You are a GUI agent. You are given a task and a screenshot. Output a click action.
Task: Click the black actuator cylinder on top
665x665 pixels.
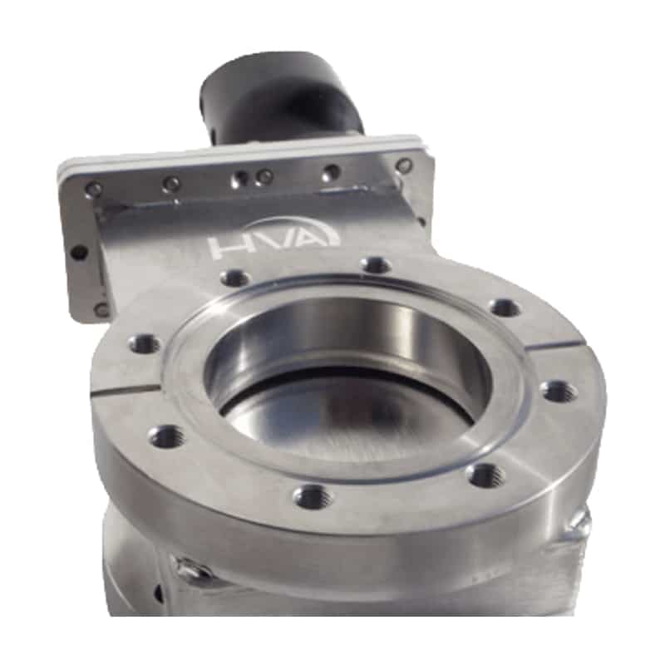point(278,91)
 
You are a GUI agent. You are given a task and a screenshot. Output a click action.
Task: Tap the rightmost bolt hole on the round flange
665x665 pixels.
point(559,390)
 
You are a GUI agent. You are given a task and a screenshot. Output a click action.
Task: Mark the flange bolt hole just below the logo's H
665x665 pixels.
point(235,278)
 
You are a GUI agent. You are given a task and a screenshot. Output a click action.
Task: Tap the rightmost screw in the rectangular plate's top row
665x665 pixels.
point(405,165)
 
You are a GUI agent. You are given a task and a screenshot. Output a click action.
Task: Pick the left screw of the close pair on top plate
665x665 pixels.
point(241,178)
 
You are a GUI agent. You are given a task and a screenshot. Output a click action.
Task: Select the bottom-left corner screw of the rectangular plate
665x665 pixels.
point(101,310)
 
